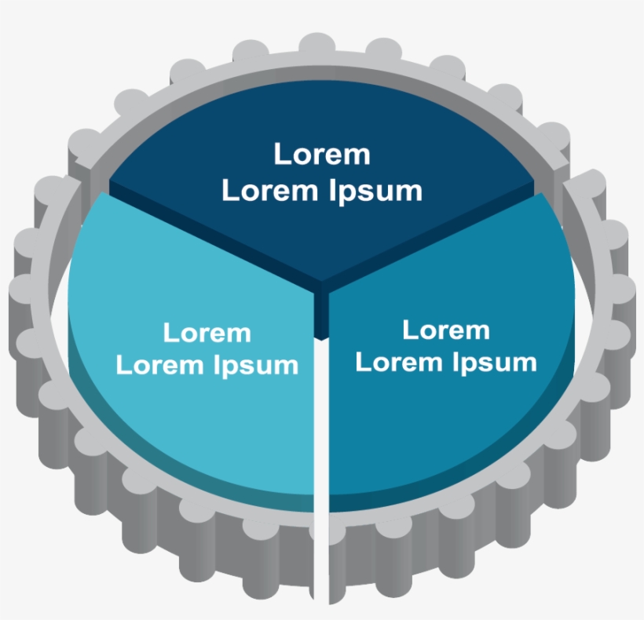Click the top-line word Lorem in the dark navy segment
pyautogui.click(x=322, y=155)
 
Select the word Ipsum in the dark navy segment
pyautogui.click(x=375, y=191)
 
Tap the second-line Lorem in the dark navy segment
pyautogui.click(x=272, y=191)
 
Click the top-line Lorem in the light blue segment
pyautogui.click(x=207, y=332)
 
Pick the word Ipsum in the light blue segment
pyautogui.click(x=255, y=365)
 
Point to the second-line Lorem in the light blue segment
pyautogui.click(x=161, y=365)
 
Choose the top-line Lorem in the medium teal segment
pyautogui.click(x=446, y=330)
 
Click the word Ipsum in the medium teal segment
pyautogui.click(x=495, y=363)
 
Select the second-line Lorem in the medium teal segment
pyautogui.click(x=401, y=362)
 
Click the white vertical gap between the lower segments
pyautogui.click(x=321, y=472)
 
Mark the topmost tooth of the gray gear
pyautogui.click(x=317, y=42)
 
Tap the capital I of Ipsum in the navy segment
pyautogui.click(x=332, y=191)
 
